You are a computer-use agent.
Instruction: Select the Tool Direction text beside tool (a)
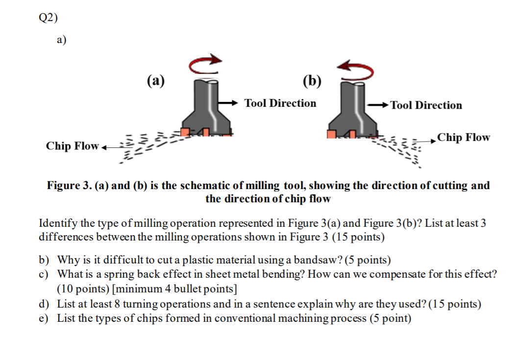[280, 103]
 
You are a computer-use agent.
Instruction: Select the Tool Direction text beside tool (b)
[426, 105]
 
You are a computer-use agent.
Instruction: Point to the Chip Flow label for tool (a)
[72, 146]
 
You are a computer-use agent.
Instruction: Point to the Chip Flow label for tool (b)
[464, 137]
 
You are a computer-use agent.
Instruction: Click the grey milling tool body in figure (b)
[352, 110]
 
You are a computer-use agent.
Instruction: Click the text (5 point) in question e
[391, 319]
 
